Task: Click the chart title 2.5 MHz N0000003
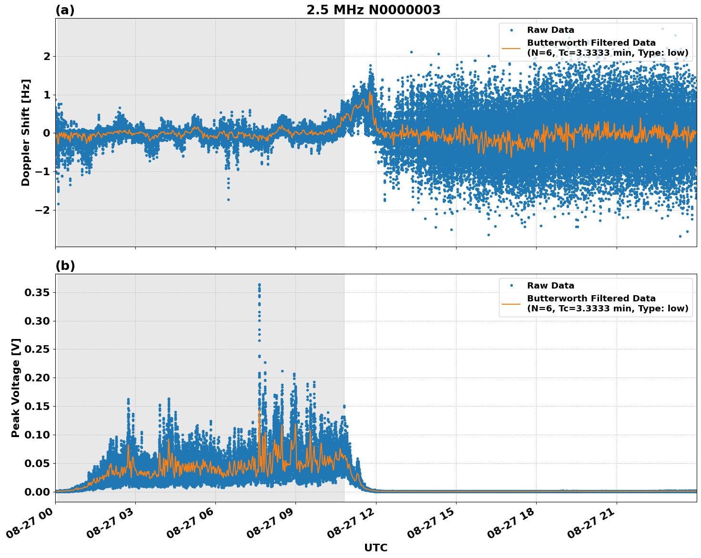[x=373, y=10]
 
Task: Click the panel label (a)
[x=65, y=10]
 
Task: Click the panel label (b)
[x=65, y=266]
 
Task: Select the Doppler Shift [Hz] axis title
[x=26, y=132]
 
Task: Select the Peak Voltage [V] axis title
[x=16, y=388]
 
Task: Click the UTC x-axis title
[x=376, y=548]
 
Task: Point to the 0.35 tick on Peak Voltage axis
[x=37, y=292]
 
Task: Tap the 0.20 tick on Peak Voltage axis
[x=37, y=378]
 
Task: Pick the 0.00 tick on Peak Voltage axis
[x=37, y=492]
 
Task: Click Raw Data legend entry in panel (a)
[x=550, y=30]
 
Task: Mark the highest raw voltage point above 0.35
[x=259, y=285]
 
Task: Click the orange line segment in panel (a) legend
[x=511, y=48]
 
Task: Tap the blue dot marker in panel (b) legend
[x=511, y=286]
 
